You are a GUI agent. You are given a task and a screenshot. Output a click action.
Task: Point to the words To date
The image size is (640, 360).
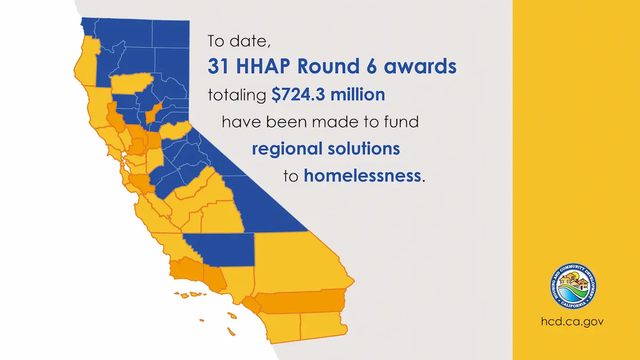[234, 41]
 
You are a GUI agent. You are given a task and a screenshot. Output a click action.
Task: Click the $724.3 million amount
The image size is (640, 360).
[328, 95]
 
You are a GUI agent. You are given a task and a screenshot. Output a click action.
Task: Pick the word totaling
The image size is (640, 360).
[236, 95]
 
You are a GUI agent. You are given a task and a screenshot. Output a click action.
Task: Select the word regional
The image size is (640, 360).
[286, 148]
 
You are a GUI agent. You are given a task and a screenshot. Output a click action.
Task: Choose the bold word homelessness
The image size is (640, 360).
[362, 175]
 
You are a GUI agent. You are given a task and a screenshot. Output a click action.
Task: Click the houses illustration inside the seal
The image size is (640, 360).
[573, 280]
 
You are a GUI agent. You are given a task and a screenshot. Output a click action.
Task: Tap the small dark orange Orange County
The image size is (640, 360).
[252, 304]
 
